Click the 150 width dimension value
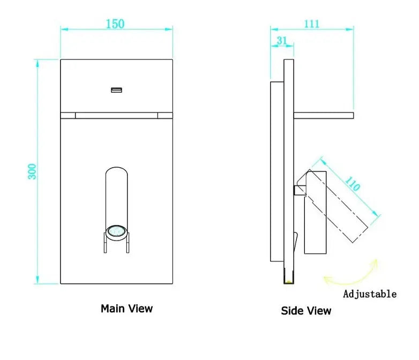115,24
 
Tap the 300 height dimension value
32,171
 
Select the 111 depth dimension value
311,24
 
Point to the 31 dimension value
282,41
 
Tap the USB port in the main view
116,89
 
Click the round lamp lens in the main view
116,231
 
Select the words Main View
126,309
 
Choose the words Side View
306,311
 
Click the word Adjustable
370,294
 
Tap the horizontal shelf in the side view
324,115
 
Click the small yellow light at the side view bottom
289,280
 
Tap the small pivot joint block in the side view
298,190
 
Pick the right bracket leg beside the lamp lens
128,243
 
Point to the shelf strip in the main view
116,115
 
